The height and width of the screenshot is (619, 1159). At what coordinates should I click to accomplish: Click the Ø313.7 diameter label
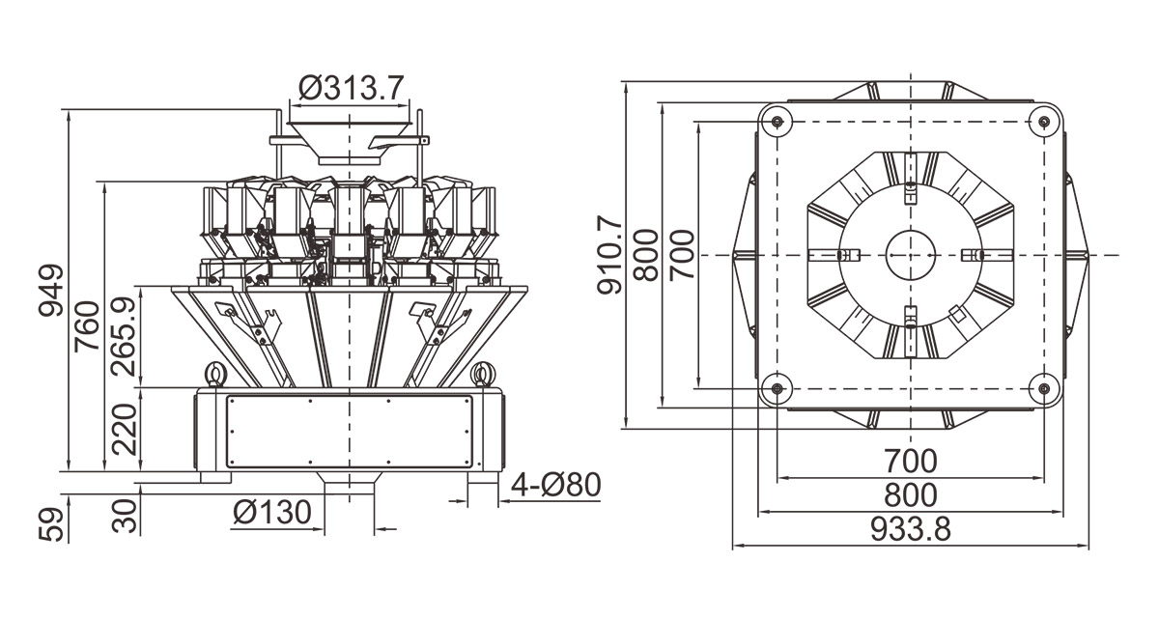pos(351,88)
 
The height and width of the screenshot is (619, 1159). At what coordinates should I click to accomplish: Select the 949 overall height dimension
pos(51,290)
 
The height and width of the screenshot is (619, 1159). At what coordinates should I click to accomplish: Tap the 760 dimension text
pos(87,326)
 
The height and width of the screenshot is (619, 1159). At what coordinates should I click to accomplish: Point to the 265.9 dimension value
pos(124,337)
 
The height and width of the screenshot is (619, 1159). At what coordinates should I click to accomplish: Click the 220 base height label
pos(125,429)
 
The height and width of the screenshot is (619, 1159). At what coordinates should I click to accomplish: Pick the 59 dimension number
pos(51,525)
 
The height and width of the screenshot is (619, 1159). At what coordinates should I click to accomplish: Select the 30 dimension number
pos(125,516)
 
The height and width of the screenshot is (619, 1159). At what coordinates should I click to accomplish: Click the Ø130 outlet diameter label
pos(272,512)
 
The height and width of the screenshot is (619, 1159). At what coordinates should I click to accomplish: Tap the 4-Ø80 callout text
pos(556,485)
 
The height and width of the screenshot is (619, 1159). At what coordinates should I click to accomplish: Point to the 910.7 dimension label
pos(609,255)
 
